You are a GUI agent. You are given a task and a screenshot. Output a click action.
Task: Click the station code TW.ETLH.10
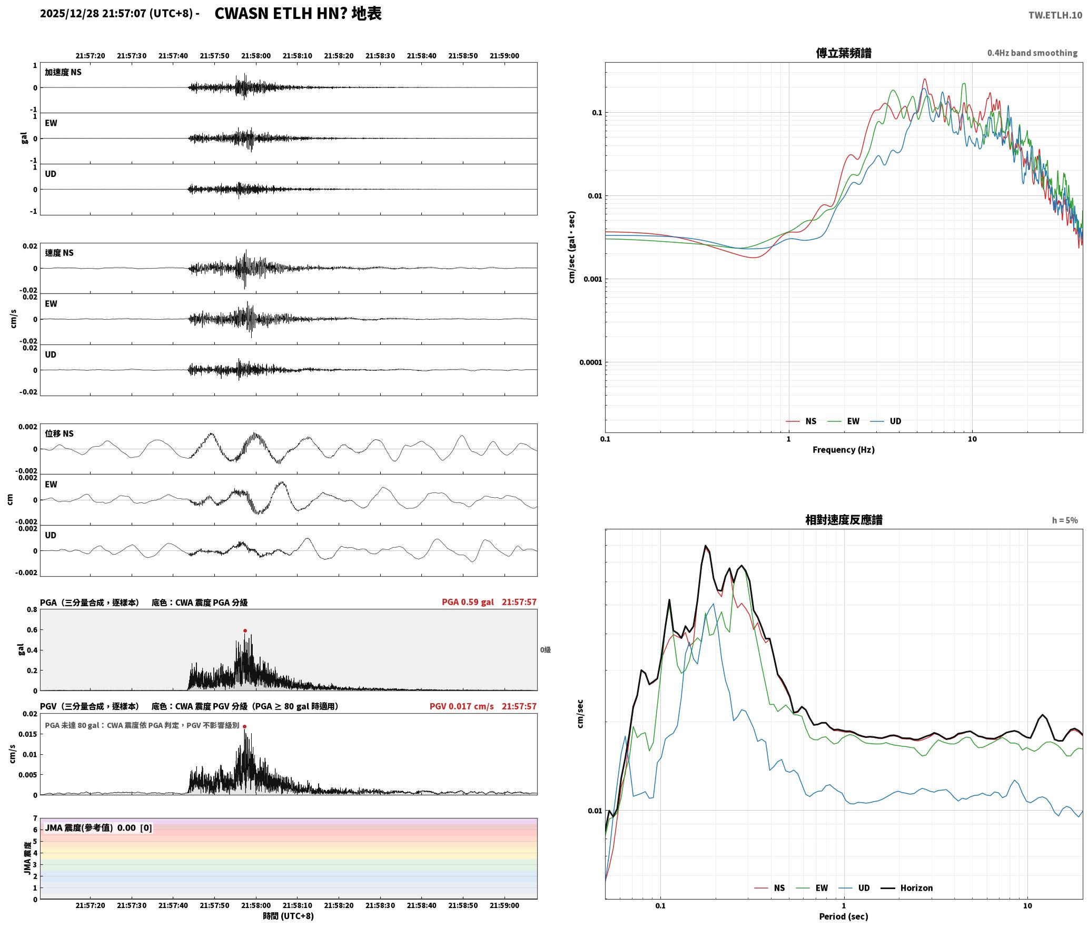[1055, 15]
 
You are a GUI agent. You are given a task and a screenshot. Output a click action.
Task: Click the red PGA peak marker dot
[245, 630]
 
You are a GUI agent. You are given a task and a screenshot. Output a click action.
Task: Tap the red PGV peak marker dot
[244, 726]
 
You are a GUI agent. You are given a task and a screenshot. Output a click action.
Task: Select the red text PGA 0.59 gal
[468, 602]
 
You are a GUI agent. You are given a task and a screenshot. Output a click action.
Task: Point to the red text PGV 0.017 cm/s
[461, 706]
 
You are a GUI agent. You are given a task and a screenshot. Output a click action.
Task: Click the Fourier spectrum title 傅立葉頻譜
[843, 53]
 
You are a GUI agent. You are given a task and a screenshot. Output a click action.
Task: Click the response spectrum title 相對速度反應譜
[843, 520]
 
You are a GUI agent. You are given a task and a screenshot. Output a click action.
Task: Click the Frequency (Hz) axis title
[843, 450]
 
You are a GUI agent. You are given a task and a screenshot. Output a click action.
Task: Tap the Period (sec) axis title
[843, 916]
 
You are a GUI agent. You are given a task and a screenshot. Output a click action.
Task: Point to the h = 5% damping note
[1065, 520]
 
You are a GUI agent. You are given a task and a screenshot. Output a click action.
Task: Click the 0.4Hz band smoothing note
[1032, 53]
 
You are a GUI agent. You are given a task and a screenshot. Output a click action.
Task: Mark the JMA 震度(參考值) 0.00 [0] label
[98, 827]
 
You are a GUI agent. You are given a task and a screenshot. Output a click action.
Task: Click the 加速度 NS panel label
[63, 72]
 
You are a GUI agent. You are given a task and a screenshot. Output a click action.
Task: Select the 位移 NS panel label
[59, 433]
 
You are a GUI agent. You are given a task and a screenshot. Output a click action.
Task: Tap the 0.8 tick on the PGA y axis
[32, 610]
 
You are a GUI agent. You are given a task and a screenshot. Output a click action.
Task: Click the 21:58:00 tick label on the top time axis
[256, 56]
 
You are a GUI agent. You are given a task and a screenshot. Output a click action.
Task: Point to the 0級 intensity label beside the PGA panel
[546, 650]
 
